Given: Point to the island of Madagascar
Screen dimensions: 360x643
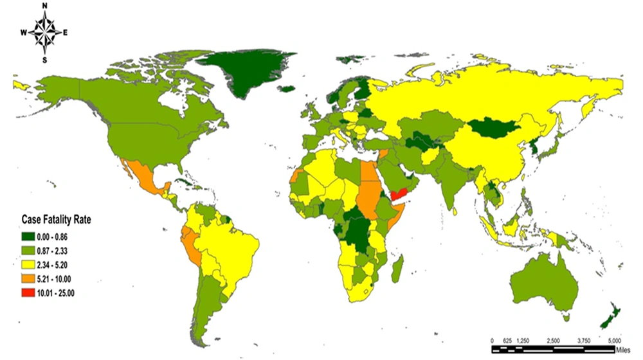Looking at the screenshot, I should click(x=397, y=264).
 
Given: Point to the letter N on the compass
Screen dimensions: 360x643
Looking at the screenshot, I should click(x=44, y=6).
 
